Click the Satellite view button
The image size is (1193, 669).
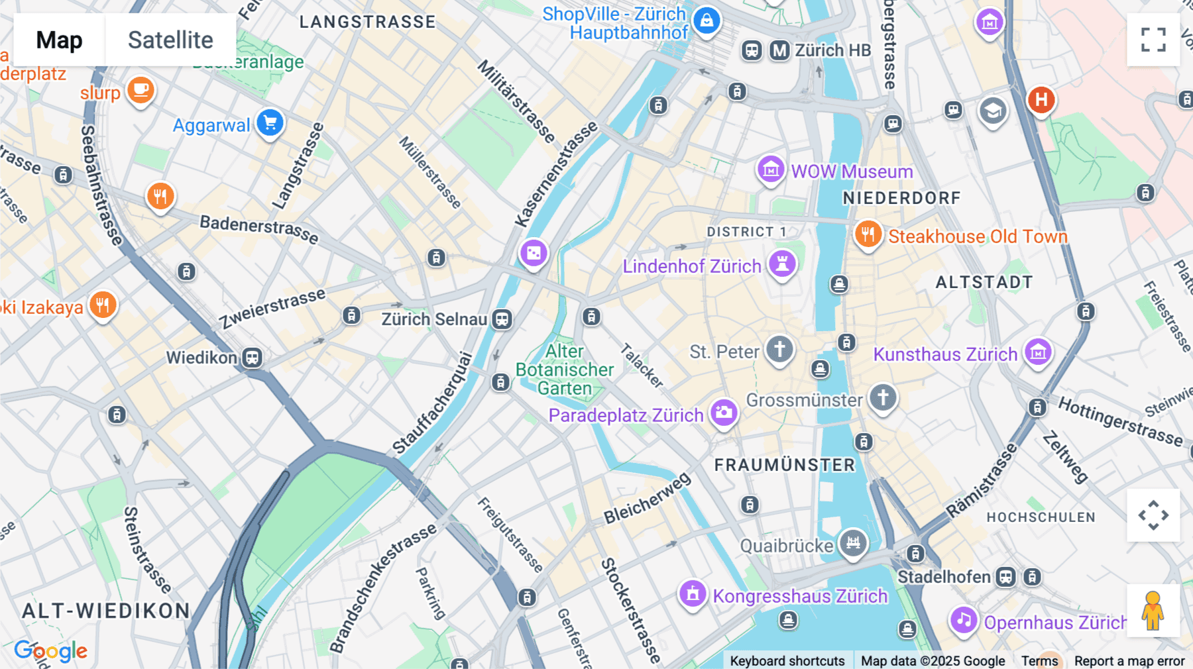click(x=170, y=40)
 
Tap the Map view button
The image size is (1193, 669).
click(x=60, y=40)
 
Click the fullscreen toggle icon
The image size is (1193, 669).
click(x=1153, y=40)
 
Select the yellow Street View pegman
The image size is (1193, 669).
click(x=1153, y=611)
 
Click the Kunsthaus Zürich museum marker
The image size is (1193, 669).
click(x=1038, y=352)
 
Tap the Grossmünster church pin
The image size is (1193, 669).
click(x=883, y=397)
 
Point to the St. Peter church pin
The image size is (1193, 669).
click(x=779, y=348)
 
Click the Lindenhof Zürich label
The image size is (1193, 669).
click(x=691, y=266)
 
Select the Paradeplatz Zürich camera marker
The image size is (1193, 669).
click(x=724, y=412)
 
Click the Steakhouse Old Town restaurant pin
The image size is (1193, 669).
click(x=868, y=234)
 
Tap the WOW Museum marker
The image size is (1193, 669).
click(x=771, y=170)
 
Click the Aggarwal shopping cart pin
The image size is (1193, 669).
click(x=270, y=123)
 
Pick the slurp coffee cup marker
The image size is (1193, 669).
click(x=141, y=89)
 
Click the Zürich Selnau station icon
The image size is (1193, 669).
click(x=502, y=319)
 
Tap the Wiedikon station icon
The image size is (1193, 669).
click(x=252, y=358)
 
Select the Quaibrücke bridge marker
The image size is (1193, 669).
click(x=853, y=542)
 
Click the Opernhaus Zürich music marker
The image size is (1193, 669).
click(x=963, y=620)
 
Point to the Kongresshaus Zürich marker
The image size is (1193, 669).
click(x=693, y=593)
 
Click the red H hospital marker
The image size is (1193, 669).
click(x=1041, y=100)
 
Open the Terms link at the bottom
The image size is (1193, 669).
click(x=1039, y=661)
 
